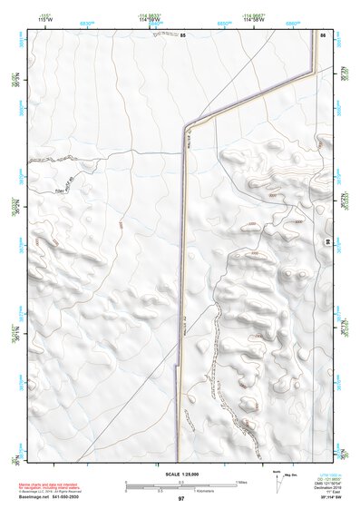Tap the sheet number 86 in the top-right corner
point(323,34)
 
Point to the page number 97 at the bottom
point(181,499)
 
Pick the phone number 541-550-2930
point(80,497)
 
